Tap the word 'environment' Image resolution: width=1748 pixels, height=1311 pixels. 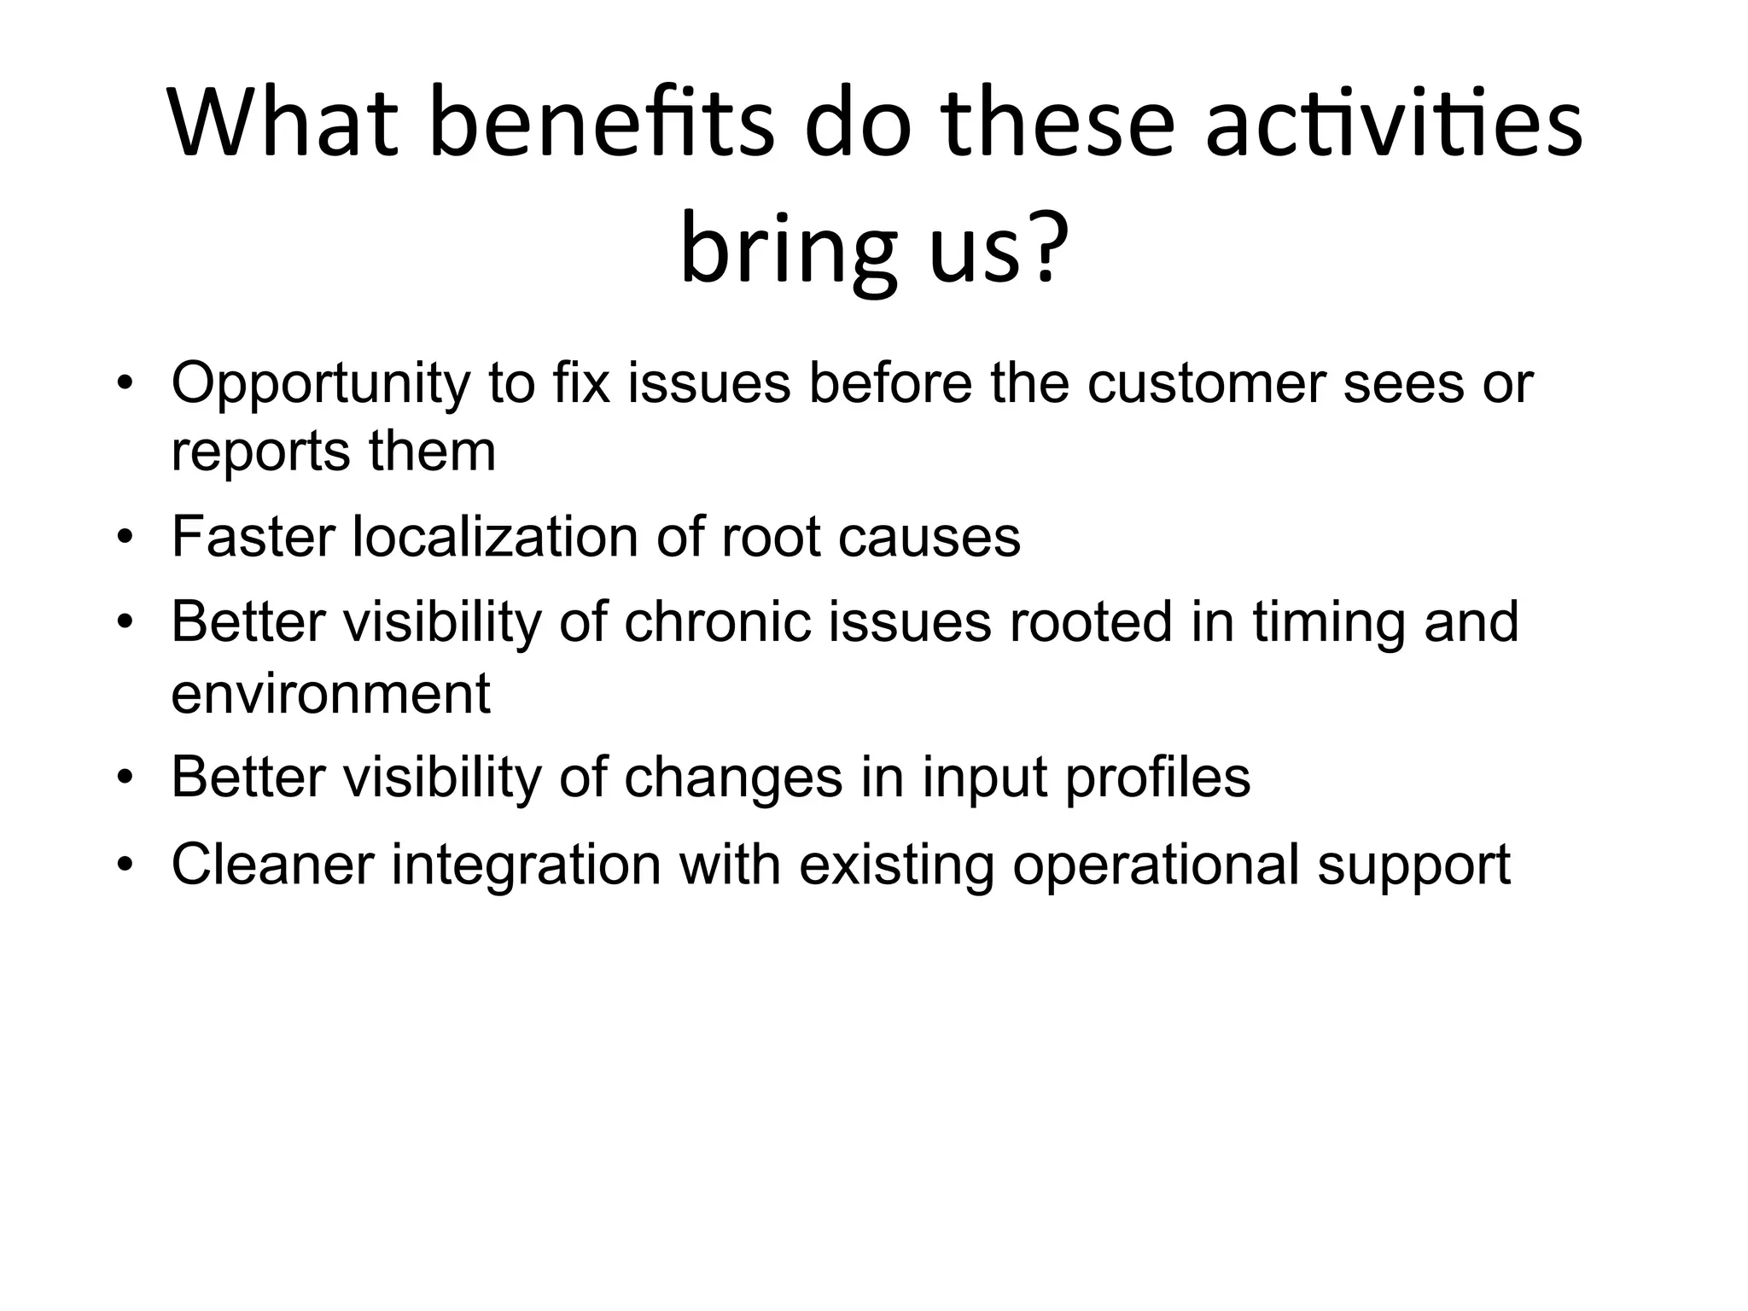(330, 693)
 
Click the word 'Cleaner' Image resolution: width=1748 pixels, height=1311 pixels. (272, 865)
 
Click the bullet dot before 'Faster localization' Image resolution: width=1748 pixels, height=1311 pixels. (125, 539)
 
